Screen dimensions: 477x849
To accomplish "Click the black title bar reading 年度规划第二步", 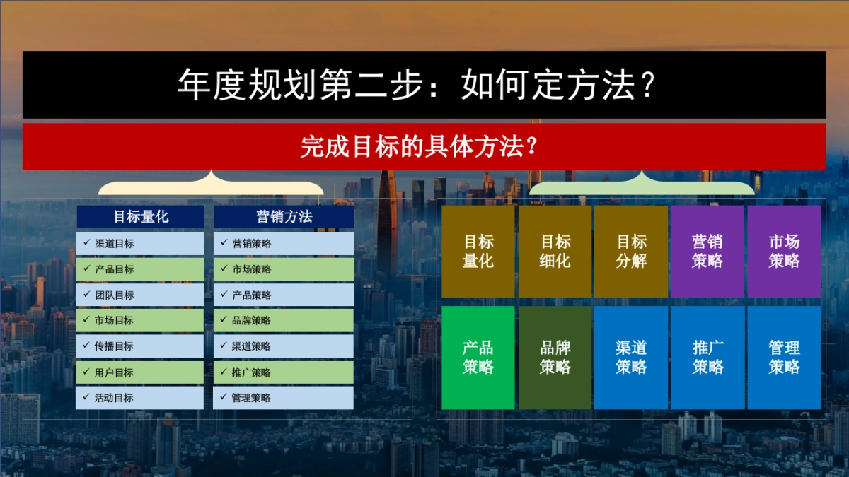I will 424,85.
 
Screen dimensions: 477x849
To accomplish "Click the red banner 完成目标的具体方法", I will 424,147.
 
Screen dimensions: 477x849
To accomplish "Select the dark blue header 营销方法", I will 284,217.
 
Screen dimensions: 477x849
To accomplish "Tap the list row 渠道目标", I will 140,244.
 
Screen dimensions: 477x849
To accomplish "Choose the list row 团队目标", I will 140,295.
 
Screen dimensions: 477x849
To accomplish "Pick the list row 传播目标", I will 140,346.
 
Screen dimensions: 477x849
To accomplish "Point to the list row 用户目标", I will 140,372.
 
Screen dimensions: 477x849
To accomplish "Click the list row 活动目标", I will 140,397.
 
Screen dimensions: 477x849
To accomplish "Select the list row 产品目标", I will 140,269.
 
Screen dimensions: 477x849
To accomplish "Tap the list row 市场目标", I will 140,320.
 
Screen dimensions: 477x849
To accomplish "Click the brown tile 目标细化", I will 555,252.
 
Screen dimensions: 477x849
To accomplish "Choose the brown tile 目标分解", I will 631,252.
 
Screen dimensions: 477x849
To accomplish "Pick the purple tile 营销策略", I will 707,252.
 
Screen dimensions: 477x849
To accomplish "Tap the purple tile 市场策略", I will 784,252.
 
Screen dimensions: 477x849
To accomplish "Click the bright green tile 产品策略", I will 478,358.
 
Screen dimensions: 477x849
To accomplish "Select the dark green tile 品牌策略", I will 555,358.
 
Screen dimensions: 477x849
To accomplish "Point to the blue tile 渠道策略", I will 631,358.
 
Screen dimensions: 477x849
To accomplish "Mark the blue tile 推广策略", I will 707,358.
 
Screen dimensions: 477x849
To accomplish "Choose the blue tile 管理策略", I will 784,358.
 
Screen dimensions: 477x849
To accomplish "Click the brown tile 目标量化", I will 478,252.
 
